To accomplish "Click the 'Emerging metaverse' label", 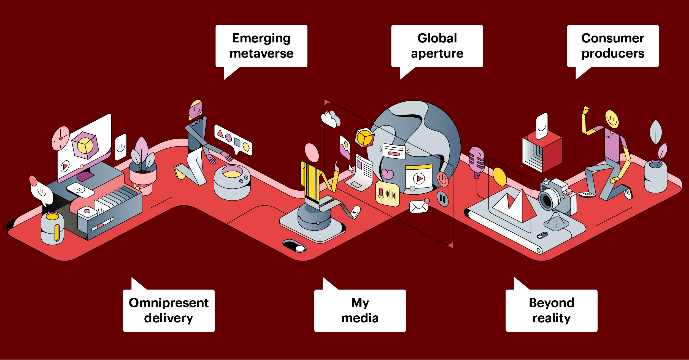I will coord(261,46).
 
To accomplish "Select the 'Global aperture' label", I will coord(437,46).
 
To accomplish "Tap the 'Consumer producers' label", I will coord(613,46).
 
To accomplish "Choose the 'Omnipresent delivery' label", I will coord(169,310).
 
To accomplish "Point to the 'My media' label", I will coord(360,310).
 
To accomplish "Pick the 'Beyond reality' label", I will coord(551,310).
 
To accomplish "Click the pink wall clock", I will coord(61,138).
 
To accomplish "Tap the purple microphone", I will coord(477,160).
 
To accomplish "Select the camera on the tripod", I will coord(554,197).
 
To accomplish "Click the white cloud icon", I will coord(330,119).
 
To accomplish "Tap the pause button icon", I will coord(442,199).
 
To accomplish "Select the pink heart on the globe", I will coord(387,174).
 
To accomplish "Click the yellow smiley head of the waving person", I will coord(612,119).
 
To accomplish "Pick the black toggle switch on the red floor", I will coord(294,246).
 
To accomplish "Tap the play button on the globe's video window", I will coord(419,178).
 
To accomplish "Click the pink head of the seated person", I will coord(312,153).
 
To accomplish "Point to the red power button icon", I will coord(442,179).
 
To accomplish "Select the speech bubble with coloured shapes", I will coord(233,140).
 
